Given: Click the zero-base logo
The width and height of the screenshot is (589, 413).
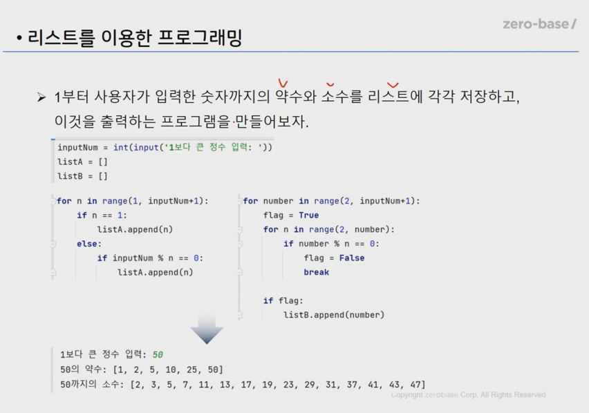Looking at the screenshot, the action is (x=539, y=24).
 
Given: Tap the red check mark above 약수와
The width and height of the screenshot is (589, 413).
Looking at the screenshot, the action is (x=283, y=84).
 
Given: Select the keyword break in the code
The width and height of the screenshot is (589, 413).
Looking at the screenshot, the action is (x=317, y=272).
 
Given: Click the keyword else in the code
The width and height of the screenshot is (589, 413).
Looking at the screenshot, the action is (x=89, y=244).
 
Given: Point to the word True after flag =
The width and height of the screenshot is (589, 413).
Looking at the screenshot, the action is (x=309, y=215).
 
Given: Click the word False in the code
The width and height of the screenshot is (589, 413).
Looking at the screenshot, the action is (x=352, y=258).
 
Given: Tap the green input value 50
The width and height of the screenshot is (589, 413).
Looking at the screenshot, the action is (x=158, y=355).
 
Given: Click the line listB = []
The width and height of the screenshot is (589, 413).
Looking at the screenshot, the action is (x=83, y=176).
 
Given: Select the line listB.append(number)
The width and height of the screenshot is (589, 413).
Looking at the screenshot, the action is (x=334, y=315).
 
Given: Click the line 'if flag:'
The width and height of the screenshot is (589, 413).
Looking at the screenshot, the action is (x=283, y=301).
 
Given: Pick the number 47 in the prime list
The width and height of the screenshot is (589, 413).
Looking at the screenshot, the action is (x=415, y=385).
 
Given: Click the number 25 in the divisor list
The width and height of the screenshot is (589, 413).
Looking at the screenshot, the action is (x=191, y=370).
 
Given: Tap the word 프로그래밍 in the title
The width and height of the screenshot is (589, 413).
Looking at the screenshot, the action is (x=200, y=37).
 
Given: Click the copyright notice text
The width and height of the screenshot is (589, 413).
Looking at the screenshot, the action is (x=468, y=394).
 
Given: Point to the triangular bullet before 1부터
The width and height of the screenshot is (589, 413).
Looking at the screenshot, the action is (x=41, y=97).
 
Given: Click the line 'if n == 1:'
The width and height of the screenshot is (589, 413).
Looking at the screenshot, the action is (x=102, y=215).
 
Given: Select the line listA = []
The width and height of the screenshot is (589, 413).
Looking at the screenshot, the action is (x=83, y=162).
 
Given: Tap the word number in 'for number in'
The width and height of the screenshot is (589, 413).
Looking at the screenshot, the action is (x=278, y=201).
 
